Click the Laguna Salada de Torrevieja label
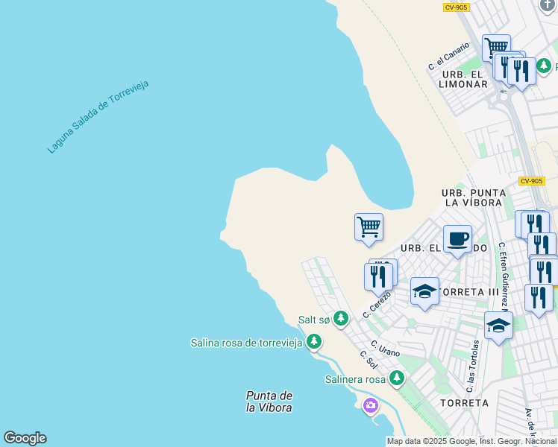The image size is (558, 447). tap(98, 116)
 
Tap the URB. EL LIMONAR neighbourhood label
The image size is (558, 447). tap(464, 79)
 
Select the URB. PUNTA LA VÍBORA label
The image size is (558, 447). tap(473, 197)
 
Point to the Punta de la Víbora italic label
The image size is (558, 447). tap(269, 402)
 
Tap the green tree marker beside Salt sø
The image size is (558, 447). tap(341, 319)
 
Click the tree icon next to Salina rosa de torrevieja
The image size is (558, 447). tap(314, 342)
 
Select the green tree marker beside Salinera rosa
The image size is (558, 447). tap(397, 379)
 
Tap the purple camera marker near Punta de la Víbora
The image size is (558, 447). tap(370, 406)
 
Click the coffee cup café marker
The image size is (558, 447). tap(457, 239)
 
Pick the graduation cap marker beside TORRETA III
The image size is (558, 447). tap(424, 291)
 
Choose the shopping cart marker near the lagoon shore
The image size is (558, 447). tap(369, 226)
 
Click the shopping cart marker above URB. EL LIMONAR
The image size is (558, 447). tap(495, 48)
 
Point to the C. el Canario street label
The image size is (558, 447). tap(448, 57)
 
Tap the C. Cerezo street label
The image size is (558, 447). tap(377, 304)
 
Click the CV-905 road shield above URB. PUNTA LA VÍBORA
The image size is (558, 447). tap(532, 181)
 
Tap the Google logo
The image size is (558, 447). tap(25, 438)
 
